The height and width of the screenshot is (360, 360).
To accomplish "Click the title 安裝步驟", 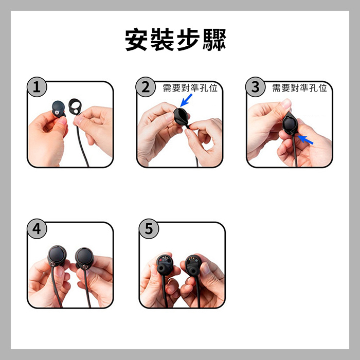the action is click(176, 40).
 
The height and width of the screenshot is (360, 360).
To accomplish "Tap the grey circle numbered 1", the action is click(37, 87).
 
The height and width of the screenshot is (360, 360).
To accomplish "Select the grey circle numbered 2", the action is click(146, 87).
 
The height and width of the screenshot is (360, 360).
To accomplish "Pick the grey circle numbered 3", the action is click(255, 87).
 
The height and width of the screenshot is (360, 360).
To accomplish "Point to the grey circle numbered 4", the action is click(37, 229).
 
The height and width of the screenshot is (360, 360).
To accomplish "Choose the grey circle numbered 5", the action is click(149, 229).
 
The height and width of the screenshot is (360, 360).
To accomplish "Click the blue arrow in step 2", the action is click(186, 100).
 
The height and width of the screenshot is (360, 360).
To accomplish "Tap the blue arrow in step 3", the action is click(305, 139).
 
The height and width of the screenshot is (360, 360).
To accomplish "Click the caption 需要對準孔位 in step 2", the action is click(190, 88).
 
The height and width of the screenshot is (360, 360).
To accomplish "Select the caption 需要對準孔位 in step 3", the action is click(299, 88).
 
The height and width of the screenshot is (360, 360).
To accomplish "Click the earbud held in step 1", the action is click(58, 109).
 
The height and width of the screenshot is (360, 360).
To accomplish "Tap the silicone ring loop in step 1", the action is click(75, 106).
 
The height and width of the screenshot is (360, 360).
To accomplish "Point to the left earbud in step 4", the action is click(57, 256).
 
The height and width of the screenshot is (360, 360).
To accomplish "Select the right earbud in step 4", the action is click(84, 258).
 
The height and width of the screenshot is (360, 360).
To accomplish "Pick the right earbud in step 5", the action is click(193, 264).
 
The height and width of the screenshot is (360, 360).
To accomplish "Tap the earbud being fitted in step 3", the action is click(290, 124).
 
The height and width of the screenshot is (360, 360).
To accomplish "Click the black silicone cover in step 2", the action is click(181, 117).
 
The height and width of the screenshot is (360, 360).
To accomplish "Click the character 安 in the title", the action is click(136, 40).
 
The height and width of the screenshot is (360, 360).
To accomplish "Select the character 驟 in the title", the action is click(214, 40).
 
